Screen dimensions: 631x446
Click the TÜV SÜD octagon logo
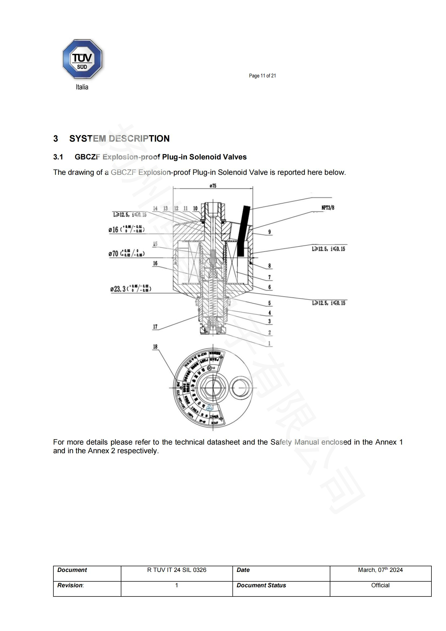[x=82, y=59]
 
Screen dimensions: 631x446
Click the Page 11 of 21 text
[x=262, y=76]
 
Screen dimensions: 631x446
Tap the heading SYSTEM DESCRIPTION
[x=119, y=138]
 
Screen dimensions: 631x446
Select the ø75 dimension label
[x=213, y=186]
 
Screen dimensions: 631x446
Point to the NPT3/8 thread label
[x=328, y=208]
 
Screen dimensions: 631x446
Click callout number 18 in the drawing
[x=155, y=347]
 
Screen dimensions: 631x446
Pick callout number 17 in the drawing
[x=155, y=326]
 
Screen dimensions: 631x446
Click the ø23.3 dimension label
[x=131, y=289]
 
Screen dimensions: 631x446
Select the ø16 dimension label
[x=126, y=229]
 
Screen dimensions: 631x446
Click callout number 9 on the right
[x=269, y=232]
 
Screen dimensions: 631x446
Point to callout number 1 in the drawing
[x=269, y=343]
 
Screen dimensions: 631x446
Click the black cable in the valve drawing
[x=243, y=231]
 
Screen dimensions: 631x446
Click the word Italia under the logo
[x=82, y=87]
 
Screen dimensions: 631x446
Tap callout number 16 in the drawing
[x=155, y=263]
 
